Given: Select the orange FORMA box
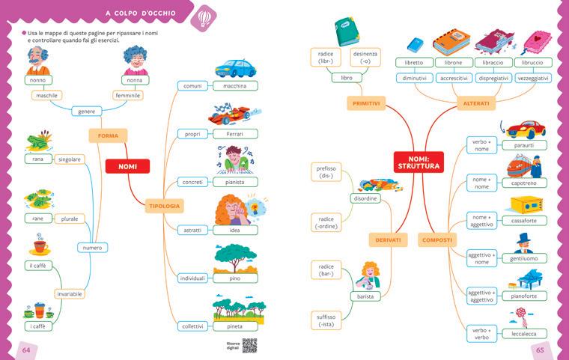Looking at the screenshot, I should click(x=108, y=135).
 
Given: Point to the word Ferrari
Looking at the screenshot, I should click(x=234, y=134).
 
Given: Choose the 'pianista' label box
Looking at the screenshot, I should click(x=234, y=182).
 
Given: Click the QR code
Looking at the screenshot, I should click(x=249, y=344).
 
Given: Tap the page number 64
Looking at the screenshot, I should click(x=25, y=350).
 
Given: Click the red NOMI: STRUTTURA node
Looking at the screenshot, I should click(x=417, y=162).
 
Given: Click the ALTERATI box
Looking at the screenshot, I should click(x=476, y=103).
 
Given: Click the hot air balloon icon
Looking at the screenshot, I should click(x=204, y=17).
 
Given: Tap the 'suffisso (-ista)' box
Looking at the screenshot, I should click(x=326, y=321).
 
